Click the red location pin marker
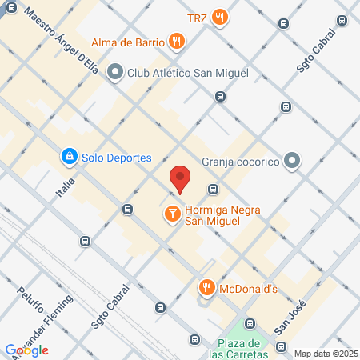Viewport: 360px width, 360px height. [180, 178]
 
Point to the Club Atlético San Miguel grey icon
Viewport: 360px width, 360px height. [115, 73]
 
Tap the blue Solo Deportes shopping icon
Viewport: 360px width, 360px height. [70, 157]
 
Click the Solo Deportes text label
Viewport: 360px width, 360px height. [115, 158]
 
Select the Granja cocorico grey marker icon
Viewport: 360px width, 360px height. [293, 162]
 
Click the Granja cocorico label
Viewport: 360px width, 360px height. [240, 162]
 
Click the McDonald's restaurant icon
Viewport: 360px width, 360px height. [206, 288]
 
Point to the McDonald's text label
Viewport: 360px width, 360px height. [248, 289]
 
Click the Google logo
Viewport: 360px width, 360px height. [27, 350]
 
